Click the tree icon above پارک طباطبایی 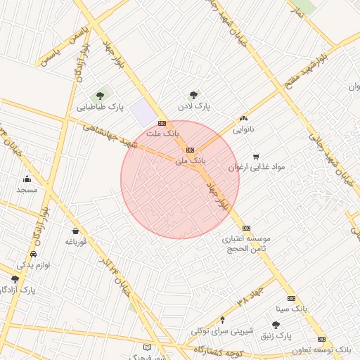tap(100, 95)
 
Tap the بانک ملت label tap(162, 132)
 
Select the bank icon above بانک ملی tap(190, 150)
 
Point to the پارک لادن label tap(193, 106)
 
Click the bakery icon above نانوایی tap(244, 118)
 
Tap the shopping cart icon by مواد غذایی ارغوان tap(256, 156)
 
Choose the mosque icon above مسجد tap(27, 179)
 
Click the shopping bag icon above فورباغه tap(75, 231)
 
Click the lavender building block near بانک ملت tap(144, 112)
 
